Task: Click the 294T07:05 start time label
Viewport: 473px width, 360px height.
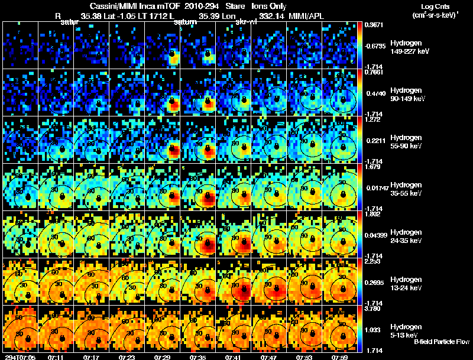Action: pyautogui.click(x=21, y=357)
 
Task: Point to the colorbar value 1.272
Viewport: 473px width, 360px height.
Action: pyautogui.click(x=374, y=119)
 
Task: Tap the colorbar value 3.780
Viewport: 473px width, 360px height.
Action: pyautogui.click(x=374, y=309)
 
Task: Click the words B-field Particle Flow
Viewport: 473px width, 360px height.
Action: pyautogui.click(x=441, y=342)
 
